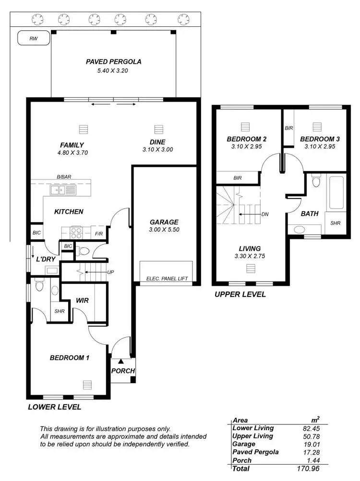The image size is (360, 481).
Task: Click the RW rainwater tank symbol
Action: coord(33,38)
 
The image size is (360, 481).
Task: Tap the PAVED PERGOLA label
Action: coord(113,62)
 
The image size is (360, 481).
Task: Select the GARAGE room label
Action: coord(164,222)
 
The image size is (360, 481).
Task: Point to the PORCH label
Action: coord(123,371)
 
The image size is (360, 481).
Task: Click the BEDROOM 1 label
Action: coord(70,357)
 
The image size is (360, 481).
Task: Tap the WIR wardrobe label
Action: coord(83,301)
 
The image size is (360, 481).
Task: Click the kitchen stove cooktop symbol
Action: coord(77,233)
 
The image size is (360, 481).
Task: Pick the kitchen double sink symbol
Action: coord(65,190)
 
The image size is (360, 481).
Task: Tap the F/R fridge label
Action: coord(99,234)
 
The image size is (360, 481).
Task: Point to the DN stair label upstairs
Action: coord(264,214)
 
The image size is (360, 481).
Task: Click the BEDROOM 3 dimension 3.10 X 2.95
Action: coord(319,147)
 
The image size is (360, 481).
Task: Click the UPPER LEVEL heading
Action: coord(240,294)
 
